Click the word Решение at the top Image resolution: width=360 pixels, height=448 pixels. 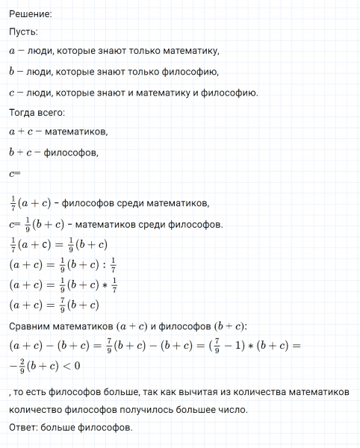tap(30, 13)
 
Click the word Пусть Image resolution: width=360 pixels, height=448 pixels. tap(23, 33)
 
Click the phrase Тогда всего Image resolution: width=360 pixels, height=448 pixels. tap(37, 113)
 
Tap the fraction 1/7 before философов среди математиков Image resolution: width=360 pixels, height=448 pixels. tap(13, 202)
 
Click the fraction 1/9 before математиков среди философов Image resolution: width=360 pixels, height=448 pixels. tap(29, 223)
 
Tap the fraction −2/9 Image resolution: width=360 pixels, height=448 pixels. tap(18, 366)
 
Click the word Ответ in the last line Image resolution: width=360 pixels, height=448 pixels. tap(25, 428)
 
